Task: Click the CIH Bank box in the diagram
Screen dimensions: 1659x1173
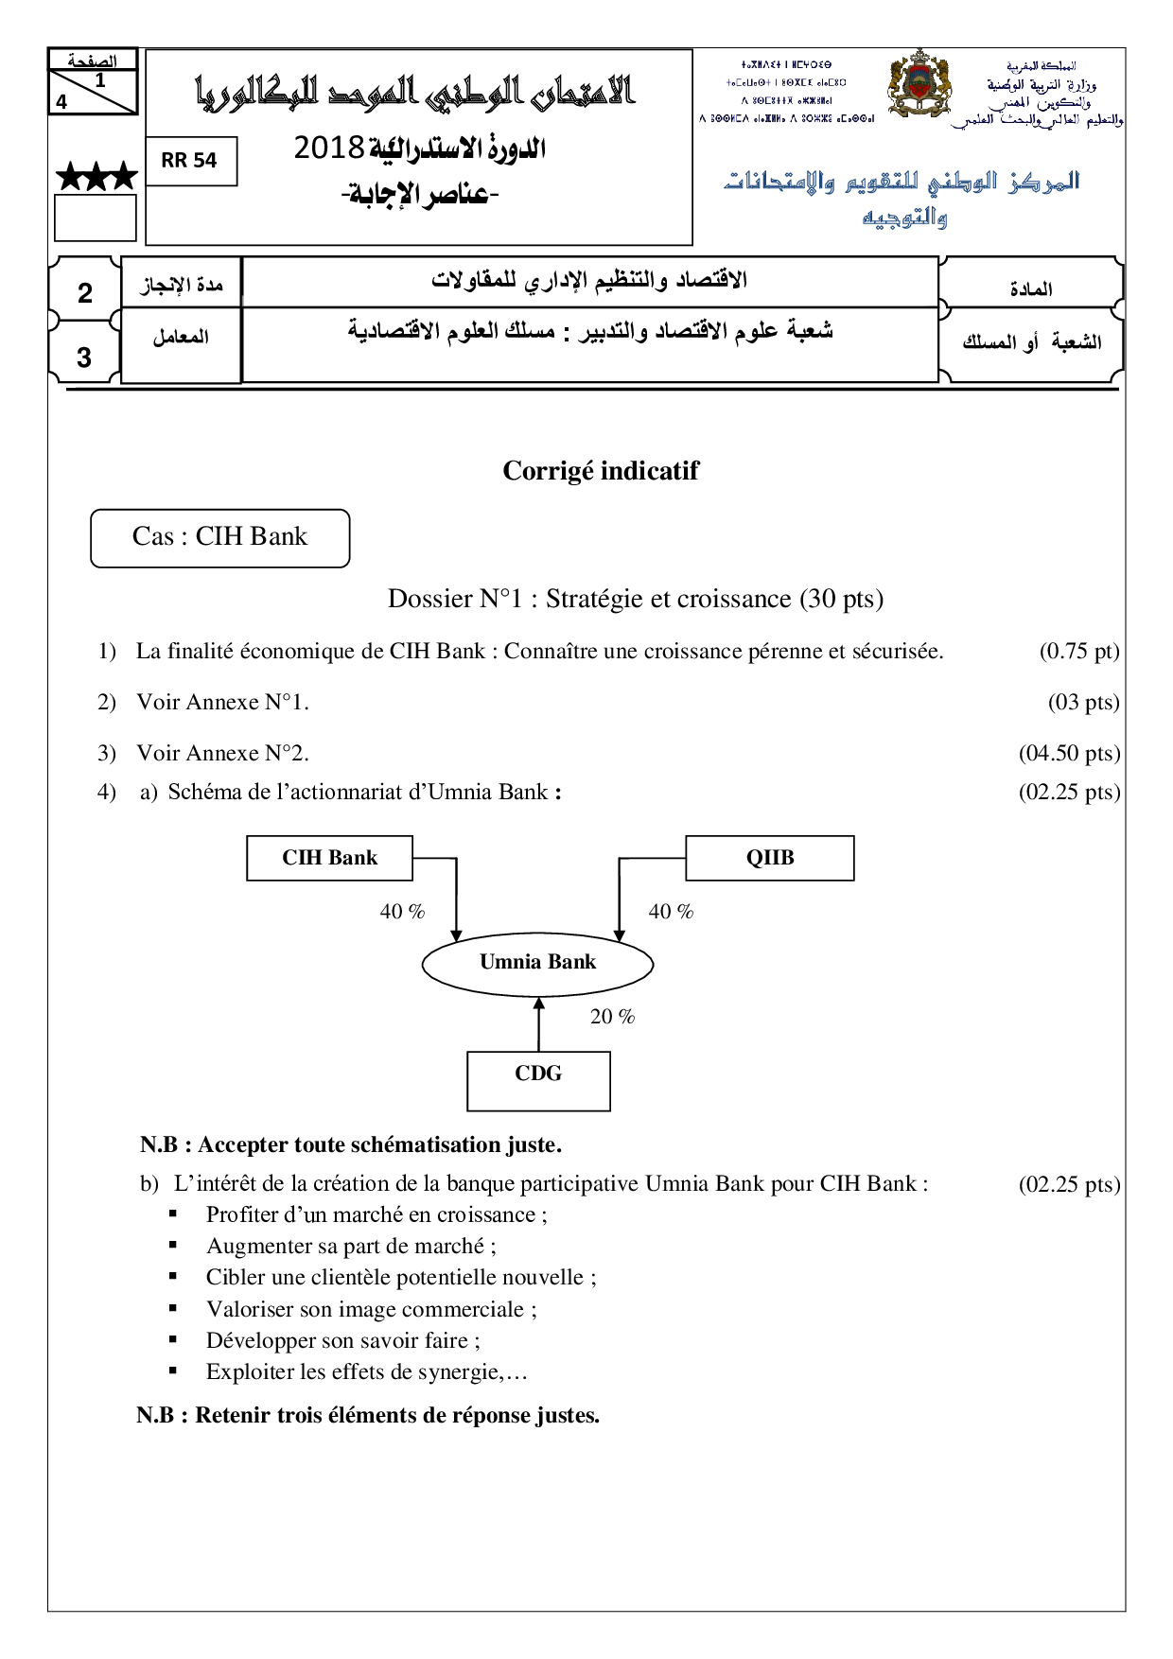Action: click(329, 858)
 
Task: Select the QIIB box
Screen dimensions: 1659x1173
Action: click(769, 858)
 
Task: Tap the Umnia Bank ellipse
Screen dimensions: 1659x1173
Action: click(537, 963)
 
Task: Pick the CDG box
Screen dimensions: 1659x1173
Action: click(538, 1081)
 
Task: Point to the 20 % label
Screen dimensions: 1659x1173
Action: click(612, 1017)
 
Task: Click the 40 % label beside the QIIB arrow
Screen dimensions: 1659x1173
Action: click(671, 912)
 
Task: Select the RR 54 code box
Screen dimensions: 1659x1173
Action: click(190, 161)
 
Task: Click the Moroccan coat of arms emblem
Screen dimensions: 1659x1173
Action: click(918, 85)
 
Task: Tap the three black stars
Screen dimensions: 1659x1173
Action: click(96, 177)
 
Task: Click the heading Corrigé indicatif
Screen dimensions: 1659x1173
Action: click(601, 471)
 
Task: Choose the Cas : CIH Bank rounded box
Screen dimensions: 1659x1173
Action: click(220, 538)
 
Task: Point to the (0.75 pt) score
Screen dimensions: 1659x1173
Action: click(1078, 652)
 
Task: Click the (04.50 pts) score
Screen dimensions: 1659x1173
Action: click(1069, 754)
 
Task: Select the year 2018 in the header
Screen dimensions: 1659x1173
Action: click(328, 148)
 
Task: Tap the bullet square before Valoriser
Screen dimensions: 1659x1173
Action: click(173, 1308)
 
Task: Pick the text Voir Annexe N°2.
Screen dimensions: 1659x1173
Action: click(222, 754)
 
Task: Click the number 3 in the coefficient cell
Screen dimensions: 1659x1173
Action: click(84, 358)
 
